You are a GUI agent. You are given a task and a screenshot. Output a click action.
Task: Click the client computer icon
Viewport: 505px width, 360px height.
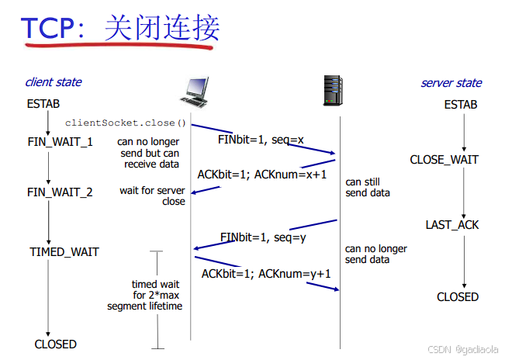pos(195,92)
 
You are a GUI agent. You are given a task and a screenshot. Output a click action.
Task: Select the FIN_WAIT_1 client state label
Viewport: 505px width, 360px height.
pos(60,142)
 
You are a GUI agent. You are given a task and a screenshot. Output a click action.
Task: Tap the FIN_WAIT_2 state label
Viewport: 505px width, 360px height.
pos(60,192)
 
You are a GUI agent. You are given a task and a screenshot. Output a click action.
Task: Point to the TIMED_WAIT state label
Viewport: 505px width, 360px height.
pos(64,252)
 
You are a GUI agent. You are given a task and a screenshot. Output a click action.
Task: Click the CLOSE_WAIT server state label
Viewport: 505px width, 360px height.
pos(444,161)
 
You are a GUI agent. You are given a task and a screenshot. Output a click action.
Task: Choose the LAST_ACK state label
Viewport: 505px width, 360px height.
pos(452,225)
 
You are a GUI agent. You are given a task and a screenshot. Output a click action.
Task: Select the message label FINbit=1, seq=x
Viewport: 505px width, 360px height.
pos(261,140)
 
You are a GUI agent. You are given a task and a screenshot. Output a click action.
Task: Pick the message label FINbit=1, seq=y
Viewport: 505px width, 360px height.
pos(263,237)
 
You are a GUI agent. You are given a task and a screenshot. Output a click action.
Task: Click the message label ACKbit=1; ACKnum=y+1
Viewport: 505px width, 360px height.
pos(266,273)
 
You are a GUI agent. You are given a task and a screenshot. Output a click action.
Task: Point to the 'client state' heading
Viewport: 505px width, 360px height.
pos(53,82)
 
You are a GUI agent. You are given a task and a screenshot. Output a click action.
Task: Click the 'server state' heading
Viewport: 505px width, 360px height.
pos(451,83)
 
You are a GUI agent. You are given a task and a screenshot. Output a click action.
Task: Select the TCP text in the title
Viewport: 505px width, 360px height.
pos(48,28)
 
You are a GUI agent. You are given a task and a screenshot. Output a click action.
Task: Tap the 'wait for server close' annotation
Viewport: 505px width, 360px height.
pos(153,196)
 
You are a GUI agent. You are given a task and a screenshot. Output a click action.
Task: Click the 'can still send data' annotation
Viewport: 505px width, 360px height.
pos(368,188)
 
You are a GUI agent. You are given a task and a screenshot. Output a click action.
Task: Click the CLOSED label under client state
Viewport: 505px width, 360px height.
pos(56,344)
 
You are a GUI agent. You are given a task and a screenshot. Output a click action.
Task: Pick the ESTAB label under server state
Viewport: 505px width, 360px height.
pos(461,105)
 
